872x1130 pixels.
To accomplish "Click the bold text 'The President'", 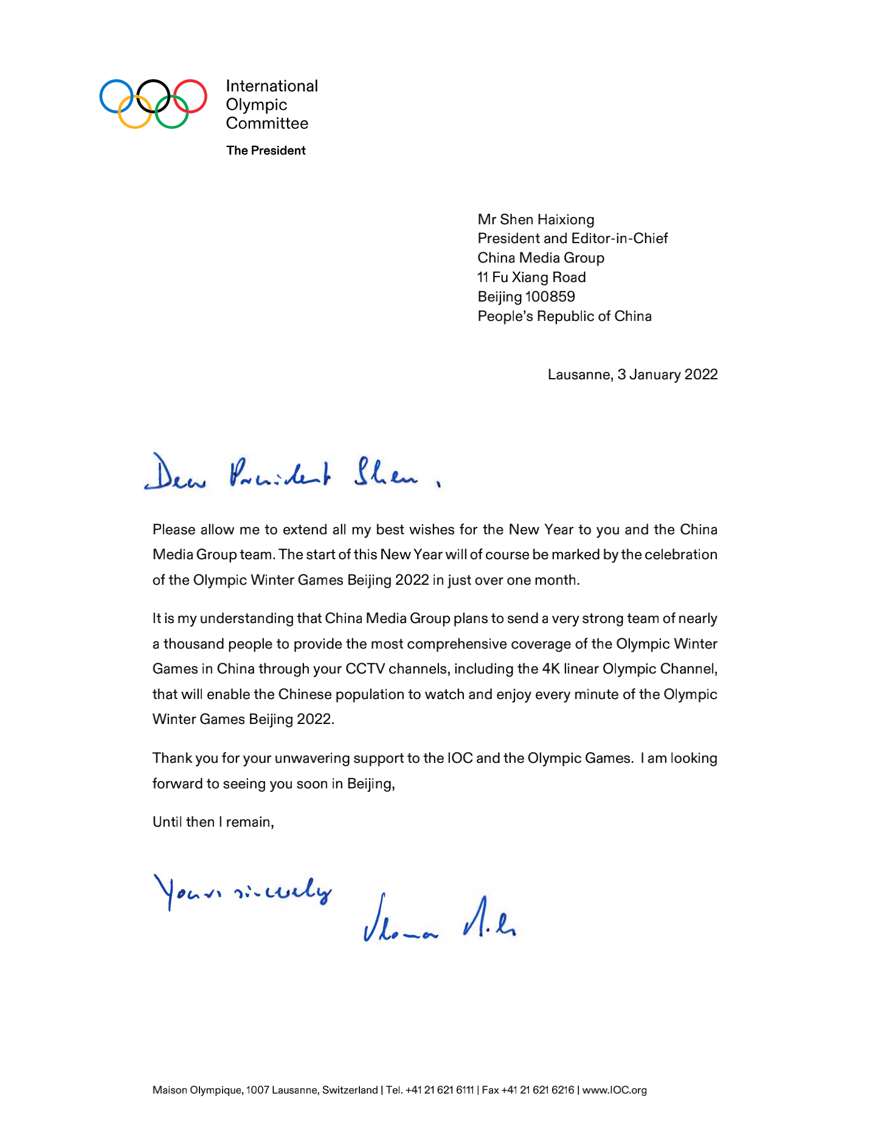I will pos(266,151).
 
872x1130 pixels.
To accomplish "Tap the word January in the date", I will pos(654,374).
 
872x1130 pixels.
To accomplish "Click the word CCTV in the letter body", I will pos(365,669).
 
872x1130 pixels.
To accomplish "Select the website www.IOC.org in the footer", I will pos(614,1090).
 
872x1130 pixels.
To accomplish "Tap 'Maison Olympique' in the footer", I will pos(197,1090).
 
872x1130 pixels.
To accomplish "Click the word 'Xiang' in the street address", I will pos(530,278).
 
